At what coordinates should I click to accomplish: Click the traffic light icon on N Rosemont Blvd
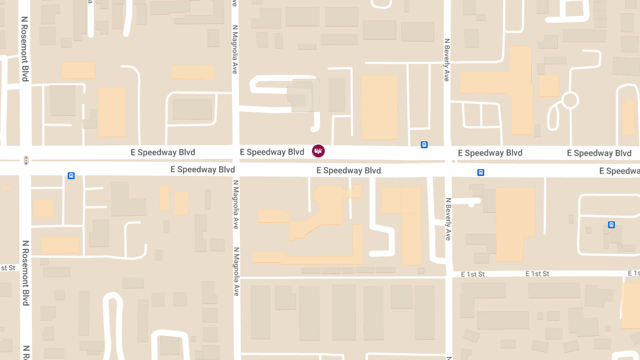pyautogui.click(x=25, y=160)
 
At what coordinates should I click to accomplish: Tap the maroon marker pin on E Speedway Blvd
pyautogui.click(x=318, y=151)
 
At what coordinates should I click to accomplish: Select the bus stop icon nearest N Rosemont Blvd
pyautogui.click(x=71, y=175)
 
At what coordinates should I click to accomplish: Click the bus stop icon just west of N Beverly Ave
pyautogui.click(x=424, y=145)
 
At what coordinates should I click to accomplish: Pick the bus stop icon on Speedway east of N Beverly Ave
pyautogui.click(x=481, y=172)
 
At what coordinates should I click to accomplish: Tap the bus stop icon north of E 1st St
pyautogui.click(x=611, y=225)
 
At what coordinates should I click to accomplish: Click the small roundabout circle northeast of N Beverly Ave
pyautogui.click(x=570, y=100)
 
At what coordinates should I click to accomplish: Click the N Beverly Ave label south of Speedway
pyautogui.click(x=447, y=218)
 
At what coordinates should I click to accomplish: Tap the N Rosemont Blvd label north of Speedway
pyautogui.click(x=25, y=49)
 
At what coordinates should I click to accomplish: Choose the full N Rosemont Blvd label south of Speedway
pyautogui.click(x=25, y=273)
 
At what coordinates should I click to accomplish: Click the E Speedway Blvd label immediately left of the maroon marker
pyautogui.click(x=272, y=152)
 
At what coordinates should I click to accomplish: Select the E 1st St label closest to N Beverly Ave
pyautogui.click(x=473, y=274)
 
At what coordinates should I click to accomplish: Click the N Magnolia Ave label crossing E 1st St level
pyautogui.click(x=235, y=271)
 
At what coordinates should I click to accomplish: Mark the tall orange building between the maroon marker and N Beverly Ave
pyautogui.click(x=379, y=107)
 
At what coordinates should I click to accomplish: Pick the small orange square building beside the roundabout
pyautogui.click(x=548, y=85)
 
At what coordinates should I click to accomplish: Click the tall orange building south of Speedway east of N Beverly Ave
pyautogui.click(x=515, y=224)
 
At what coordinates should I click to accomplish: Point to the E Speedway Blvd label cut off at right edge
pyautogui.click(x=619, y=171)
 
